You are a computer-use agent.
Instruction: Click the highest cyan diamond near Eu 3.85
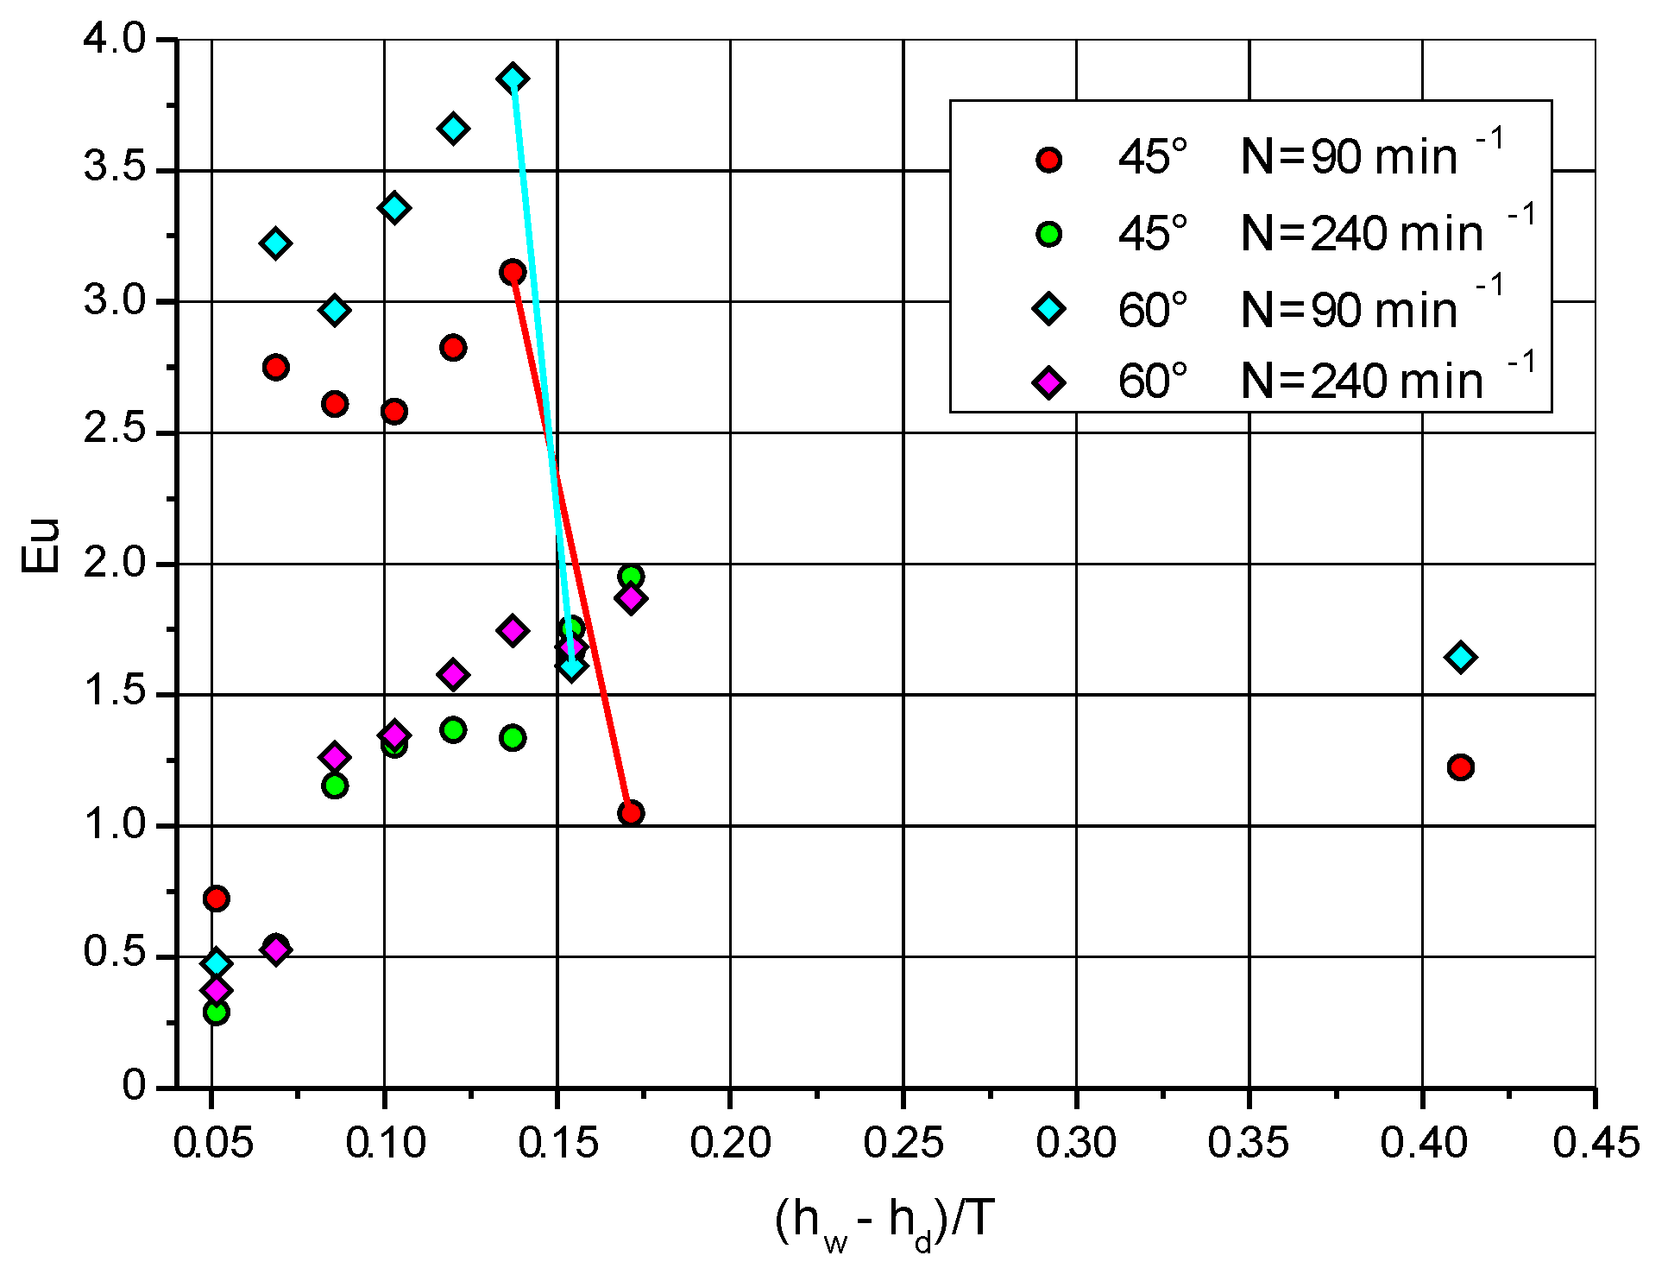click(513, 79)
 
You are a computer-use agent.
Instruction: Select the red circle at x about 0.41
click(1460, 767)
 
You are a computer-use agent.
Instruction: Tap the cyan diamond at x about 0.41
click(1460, 657)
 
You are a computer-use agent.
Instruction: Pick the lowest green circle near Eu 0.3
click(217, 1012)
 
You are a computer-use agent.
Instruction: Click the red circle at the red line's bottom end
click(631, 813)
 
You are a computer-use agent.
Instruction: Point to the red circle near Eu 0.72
click(217, 899)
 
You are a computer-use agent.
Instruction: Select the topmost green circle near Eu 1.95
click(631, 577)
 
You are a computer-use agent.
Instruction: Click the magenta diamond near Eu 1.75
click(513, 630)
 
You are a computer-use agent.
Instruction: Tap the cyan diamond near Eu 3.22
click(275, 243)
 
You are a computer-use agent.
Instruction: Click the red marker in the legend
click(1048, 160)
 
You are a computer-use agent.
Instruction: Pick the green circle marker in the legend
click(1048, 234)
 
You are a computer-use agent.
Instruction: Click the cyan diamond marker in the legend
click(1048, 308)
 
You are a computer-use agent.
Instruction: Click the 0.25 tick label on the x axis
click(903, 1143)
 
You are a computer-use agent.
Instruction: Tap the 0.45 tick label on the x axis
click(1595, 1143)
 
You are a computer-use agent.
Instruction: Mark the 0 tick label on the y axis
click(134, 1085)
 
